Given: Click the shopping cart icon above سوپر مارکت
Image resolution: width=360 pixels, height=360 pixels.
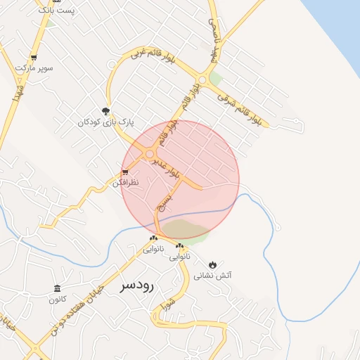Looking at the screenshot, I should pyautogui.click(x=33, y=58).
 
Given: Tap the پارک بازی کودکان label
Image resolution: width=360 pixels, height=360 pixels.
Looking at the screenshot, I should pyautogui.click(x=105, y=122).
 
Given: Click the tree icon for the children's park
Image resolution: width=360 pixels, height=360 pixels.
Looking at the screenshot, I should pyautogui.click(x=106, y=110).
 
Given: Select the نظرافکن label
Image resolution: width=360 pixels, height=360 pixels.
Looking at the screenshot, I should pyautogui.click(x=126, y=183).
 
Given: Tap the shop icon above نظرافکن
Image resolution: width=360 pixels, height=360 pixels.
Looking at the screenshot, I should pyautogui.click(x=125, y=172).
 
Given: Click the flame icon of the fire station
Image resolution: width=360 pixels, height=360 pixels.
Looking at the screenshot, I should pyautogui.click(x=212, y=264).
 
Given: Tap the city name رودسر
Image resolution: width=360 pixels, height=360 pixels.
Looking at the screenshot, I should pyautogui.click(x=137, y=285).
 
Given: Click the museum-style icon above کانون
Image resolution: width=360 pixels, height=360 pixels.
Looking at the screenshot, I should pyautogui.click(x=58, y=289).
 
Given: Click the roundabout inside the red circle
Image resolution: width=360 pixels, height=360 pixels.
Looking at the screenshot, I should pyautogui.click(x=149, y=153).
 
